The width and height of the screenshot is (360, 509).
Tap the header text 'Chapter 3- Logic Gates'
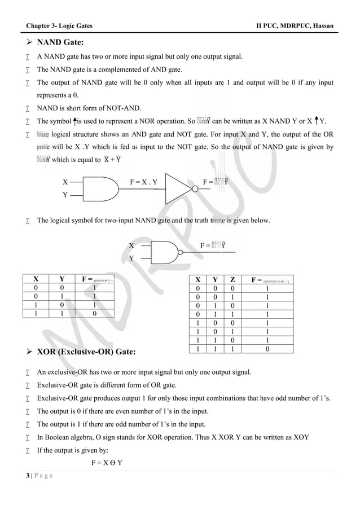(x=60, y=26)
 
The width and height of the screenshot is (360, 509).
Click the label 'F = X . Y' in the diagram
(x=143, y=182)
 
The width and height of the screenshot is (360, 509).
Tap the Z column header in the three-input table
(x=233, y=280)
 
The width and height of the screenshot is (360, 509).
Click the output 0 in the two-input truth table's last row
(x=94, y=312)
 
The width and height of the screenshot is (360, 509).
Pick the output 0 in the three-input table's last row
(x=267, y=349)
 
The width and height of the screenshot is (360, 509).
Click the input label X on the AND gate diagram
(x=65, y=182)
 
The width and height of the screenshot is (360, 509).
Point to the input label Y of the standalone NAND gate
(x=131, y=257)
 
